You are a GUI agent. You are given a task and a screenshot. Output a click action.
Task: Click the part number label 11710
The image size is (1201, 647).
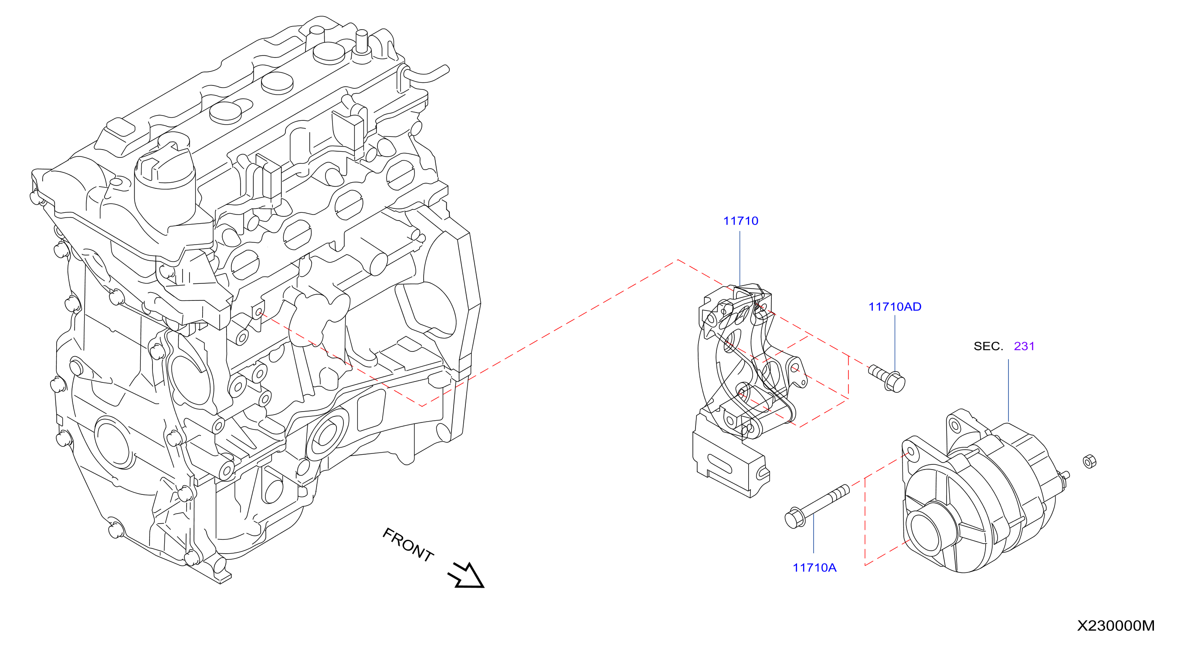[x=740, y=221]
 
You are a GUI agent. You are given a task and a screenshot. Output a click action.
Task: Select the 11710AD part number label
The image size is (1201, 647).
[x=895, y=306]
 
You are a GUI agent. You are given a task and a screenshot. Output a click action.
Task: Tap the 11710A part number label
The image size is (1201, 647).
[x=814, y=567]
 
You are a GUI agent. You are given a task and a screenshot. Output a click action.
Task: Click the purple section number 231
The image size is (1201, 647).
[x=1025, y=346]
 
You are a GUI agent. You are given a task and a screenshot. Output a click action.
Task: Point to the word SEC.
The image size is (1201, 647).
[x=988, y=346]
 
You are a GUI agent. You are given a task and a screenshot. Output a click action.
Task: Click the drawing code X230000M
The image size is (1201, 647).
[x=1116, y=626]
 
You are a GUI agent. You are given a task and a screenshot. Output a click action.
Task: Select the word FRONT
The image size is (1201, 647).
[x=408, y=545]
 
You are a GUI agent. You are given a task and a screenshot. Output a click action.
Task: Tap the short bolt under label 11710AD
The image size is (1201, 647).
[x=887, y=378]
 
